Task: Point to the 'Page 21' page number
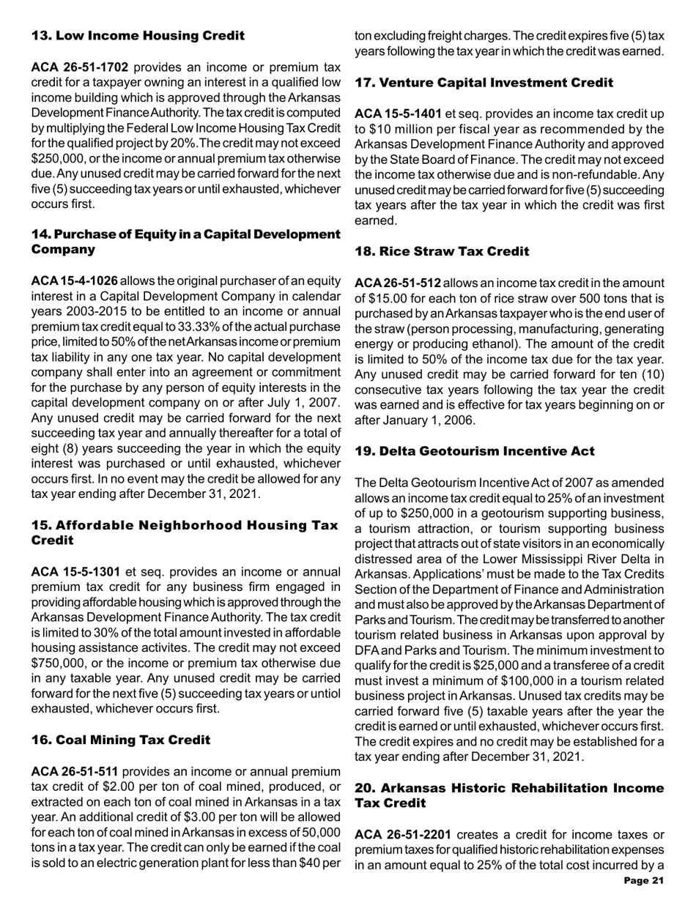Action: [641, 879]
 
